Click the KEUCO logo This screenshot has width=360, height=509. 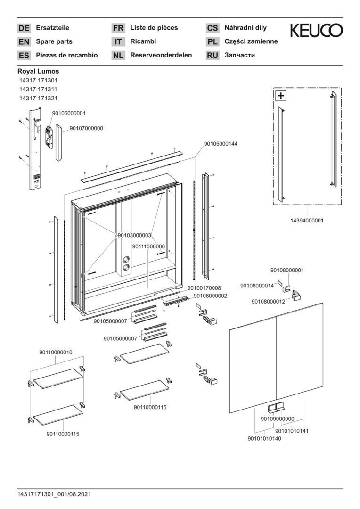tap(316, 31)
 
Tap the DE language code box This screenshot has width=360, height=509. tap(24, 28)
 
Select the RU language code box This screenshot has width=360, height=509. tap(213, 55)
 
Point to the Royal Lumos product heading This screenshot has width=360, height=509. tap(38, 71)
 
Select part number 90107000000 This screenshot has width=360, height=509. tap(87, 128)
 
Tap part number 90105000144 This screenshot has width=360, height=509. tap(221, 144)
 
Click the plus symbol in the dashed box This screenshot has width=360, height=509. tap(281, 96)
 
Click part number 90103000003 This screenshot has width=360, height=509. tap(134, 235)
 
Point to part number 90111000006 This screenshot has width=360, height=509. tap(148, 246)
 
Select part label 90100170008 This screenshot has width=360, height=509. tap(204, 287)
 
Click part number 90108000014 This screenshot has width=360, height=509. tap(257, 286)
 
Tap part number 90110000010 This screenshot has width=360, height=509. tap(56, 353)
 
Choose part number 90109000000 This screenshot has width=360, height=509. tap(277, 419)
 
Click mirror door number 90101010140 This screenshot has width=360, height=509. tap(264, 439)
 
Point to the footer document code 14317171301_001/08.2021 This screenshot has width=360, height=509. tap(54, 494)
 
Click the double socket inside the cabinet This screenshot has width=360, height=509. tap(126, 263)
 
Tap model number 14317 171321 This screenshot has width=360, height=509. tap(38, 99)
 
